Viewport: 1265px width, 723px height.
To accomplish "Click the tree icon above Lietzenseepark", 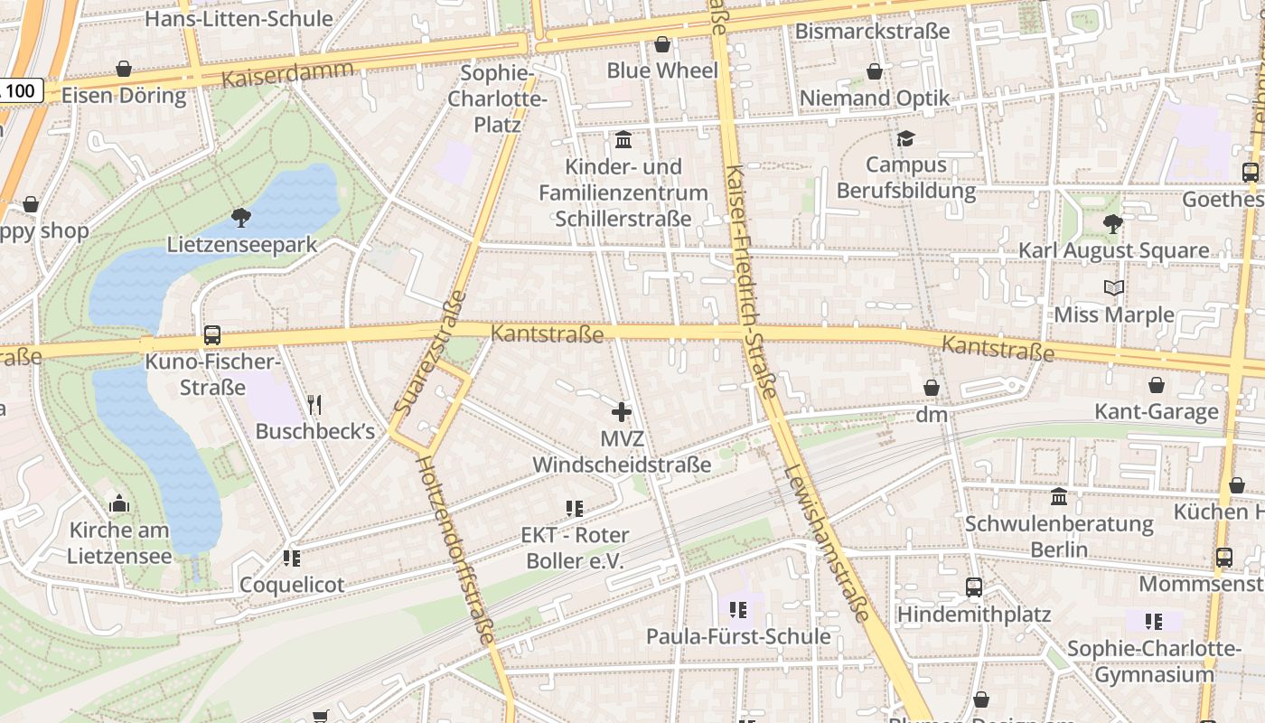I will [240, 217].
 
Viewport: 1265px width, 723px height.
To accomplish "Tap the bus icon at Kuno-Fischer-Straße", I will [212, 335].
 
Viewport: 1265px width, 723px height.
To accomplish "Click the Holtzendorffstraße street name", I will [454, 549].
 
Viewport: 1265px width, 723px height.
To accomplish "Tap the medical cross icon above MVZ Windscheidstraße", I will [622, 413].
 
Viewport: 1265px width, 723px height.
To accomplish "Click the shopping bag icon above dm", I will [931, 388].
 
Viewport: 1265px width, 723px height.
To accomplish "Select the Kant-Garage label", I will [1157, 412].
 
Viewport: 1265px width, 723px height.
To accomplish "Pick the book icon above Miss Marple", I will [1114, 288].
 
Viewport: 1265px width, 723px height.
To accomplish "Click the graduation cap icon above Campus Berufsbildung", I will [905, 138].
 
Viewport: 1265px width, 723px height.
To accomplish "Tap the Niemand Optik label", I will [875, 98].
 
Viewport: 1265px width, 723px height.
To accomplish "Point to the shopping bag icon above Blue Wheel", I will [662, 44].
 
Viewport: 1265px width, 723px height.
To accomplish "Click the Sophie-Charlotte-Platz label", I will [498, 99].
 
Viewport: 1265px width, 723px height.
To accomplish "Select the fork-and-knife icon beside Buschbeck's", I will [314, 404].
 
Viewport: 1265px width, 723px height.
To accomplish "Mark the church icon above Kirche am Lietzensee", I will [119, 503].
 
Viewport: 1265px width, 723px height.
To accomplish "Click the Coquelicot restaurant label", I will [292, 585].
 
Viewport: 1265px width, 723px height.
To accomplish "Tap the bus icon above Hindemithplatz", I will [973, 587].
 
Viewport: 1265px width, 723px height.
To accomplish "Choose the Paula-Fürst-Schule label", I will [738, 636].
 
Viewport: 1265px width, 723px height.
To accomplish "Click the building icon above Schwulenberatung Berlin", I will [1059, 496].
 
